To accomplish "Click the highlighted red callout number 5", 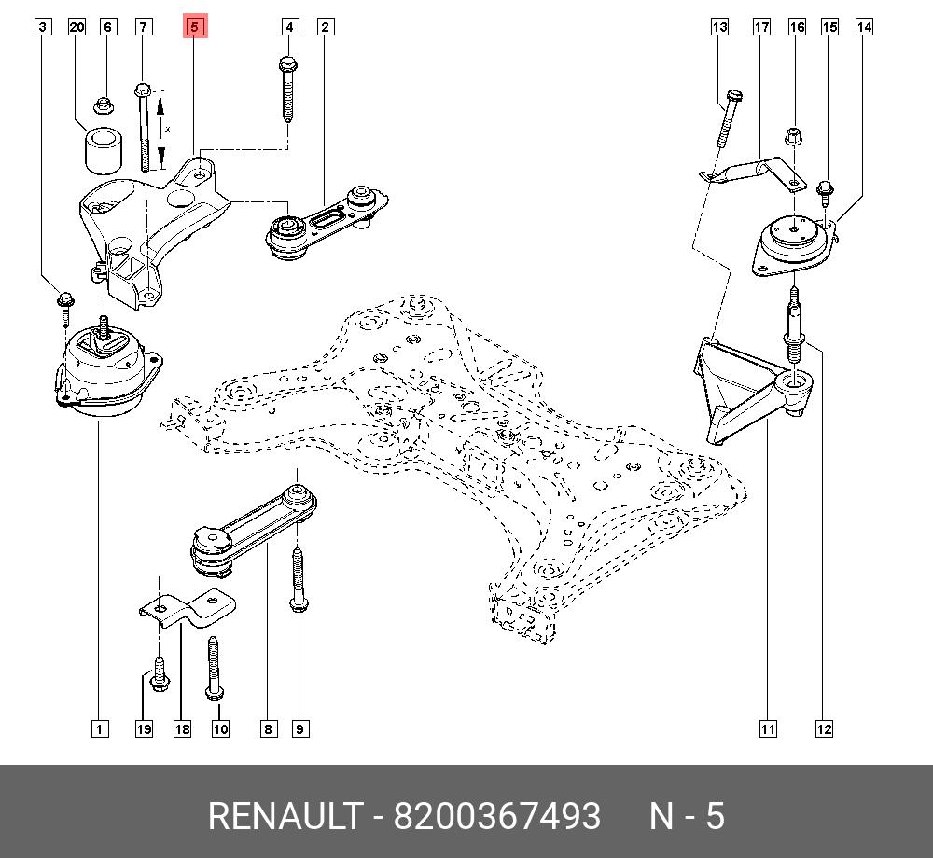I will [x=194, y=27].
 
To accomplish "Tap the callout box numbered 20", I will [x=77, y=27].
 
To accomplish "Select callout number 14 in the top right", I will [x=864, y=27].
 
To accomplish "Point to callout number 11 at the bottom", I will [x=767, y=729].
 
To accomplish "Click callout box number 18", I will [x=182, y=729].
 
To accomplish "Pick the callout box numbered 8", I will [x=268, y=729].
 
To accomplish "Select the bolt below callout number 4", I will [x=288, y=89].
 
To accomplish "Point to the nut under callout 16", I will [x=795, y=135].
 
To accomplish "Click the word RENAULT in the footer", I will [x=284, y=817].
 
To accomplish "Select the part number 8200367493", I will [x=496, y=817].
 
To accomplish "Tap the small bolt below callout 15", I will [x=825, y=192].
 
